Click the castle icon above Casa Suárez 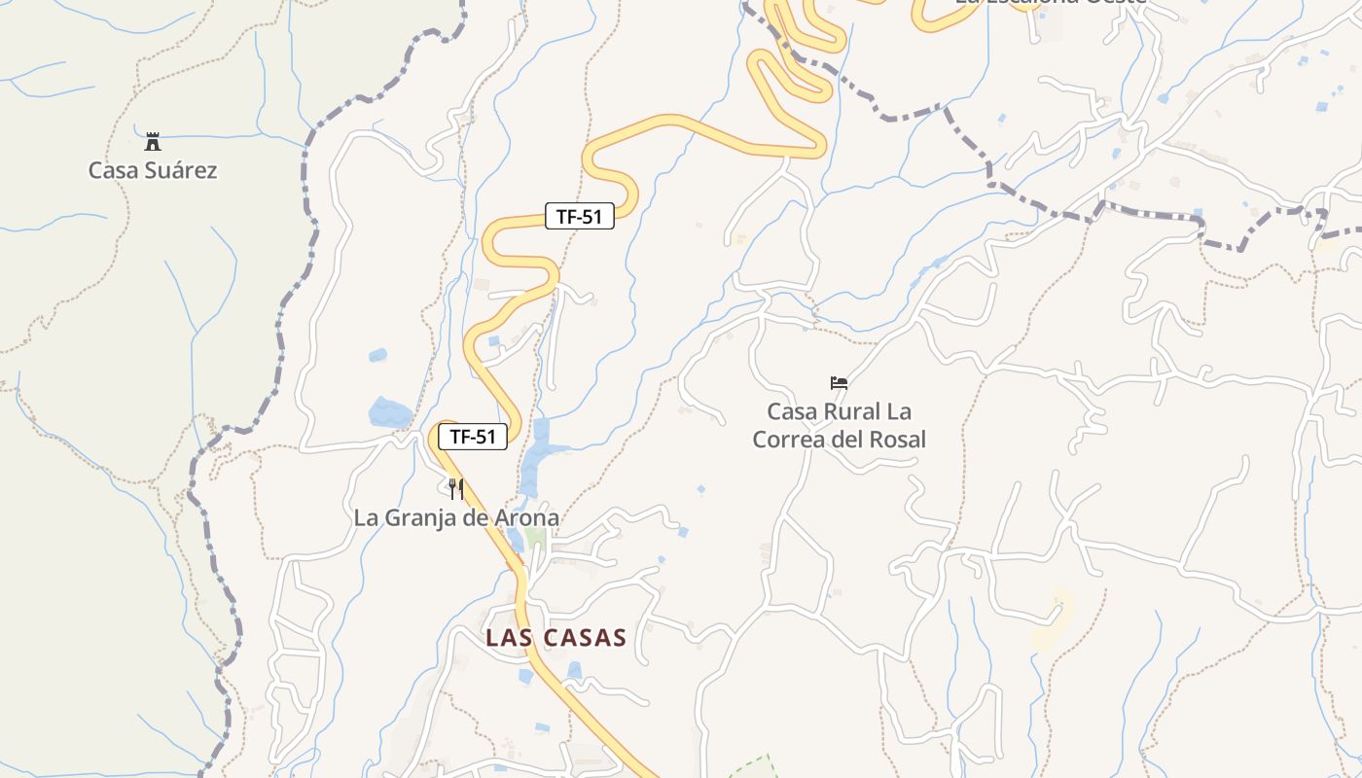153,142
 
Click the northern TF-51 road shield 580,217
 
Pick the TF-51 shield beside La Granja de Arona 473,437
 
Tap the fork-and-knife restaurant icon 456,488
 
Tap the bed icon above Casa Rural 839,383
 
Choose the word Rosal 894,440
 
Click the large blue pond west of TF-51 390,412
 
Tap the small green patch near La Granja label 535,536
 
